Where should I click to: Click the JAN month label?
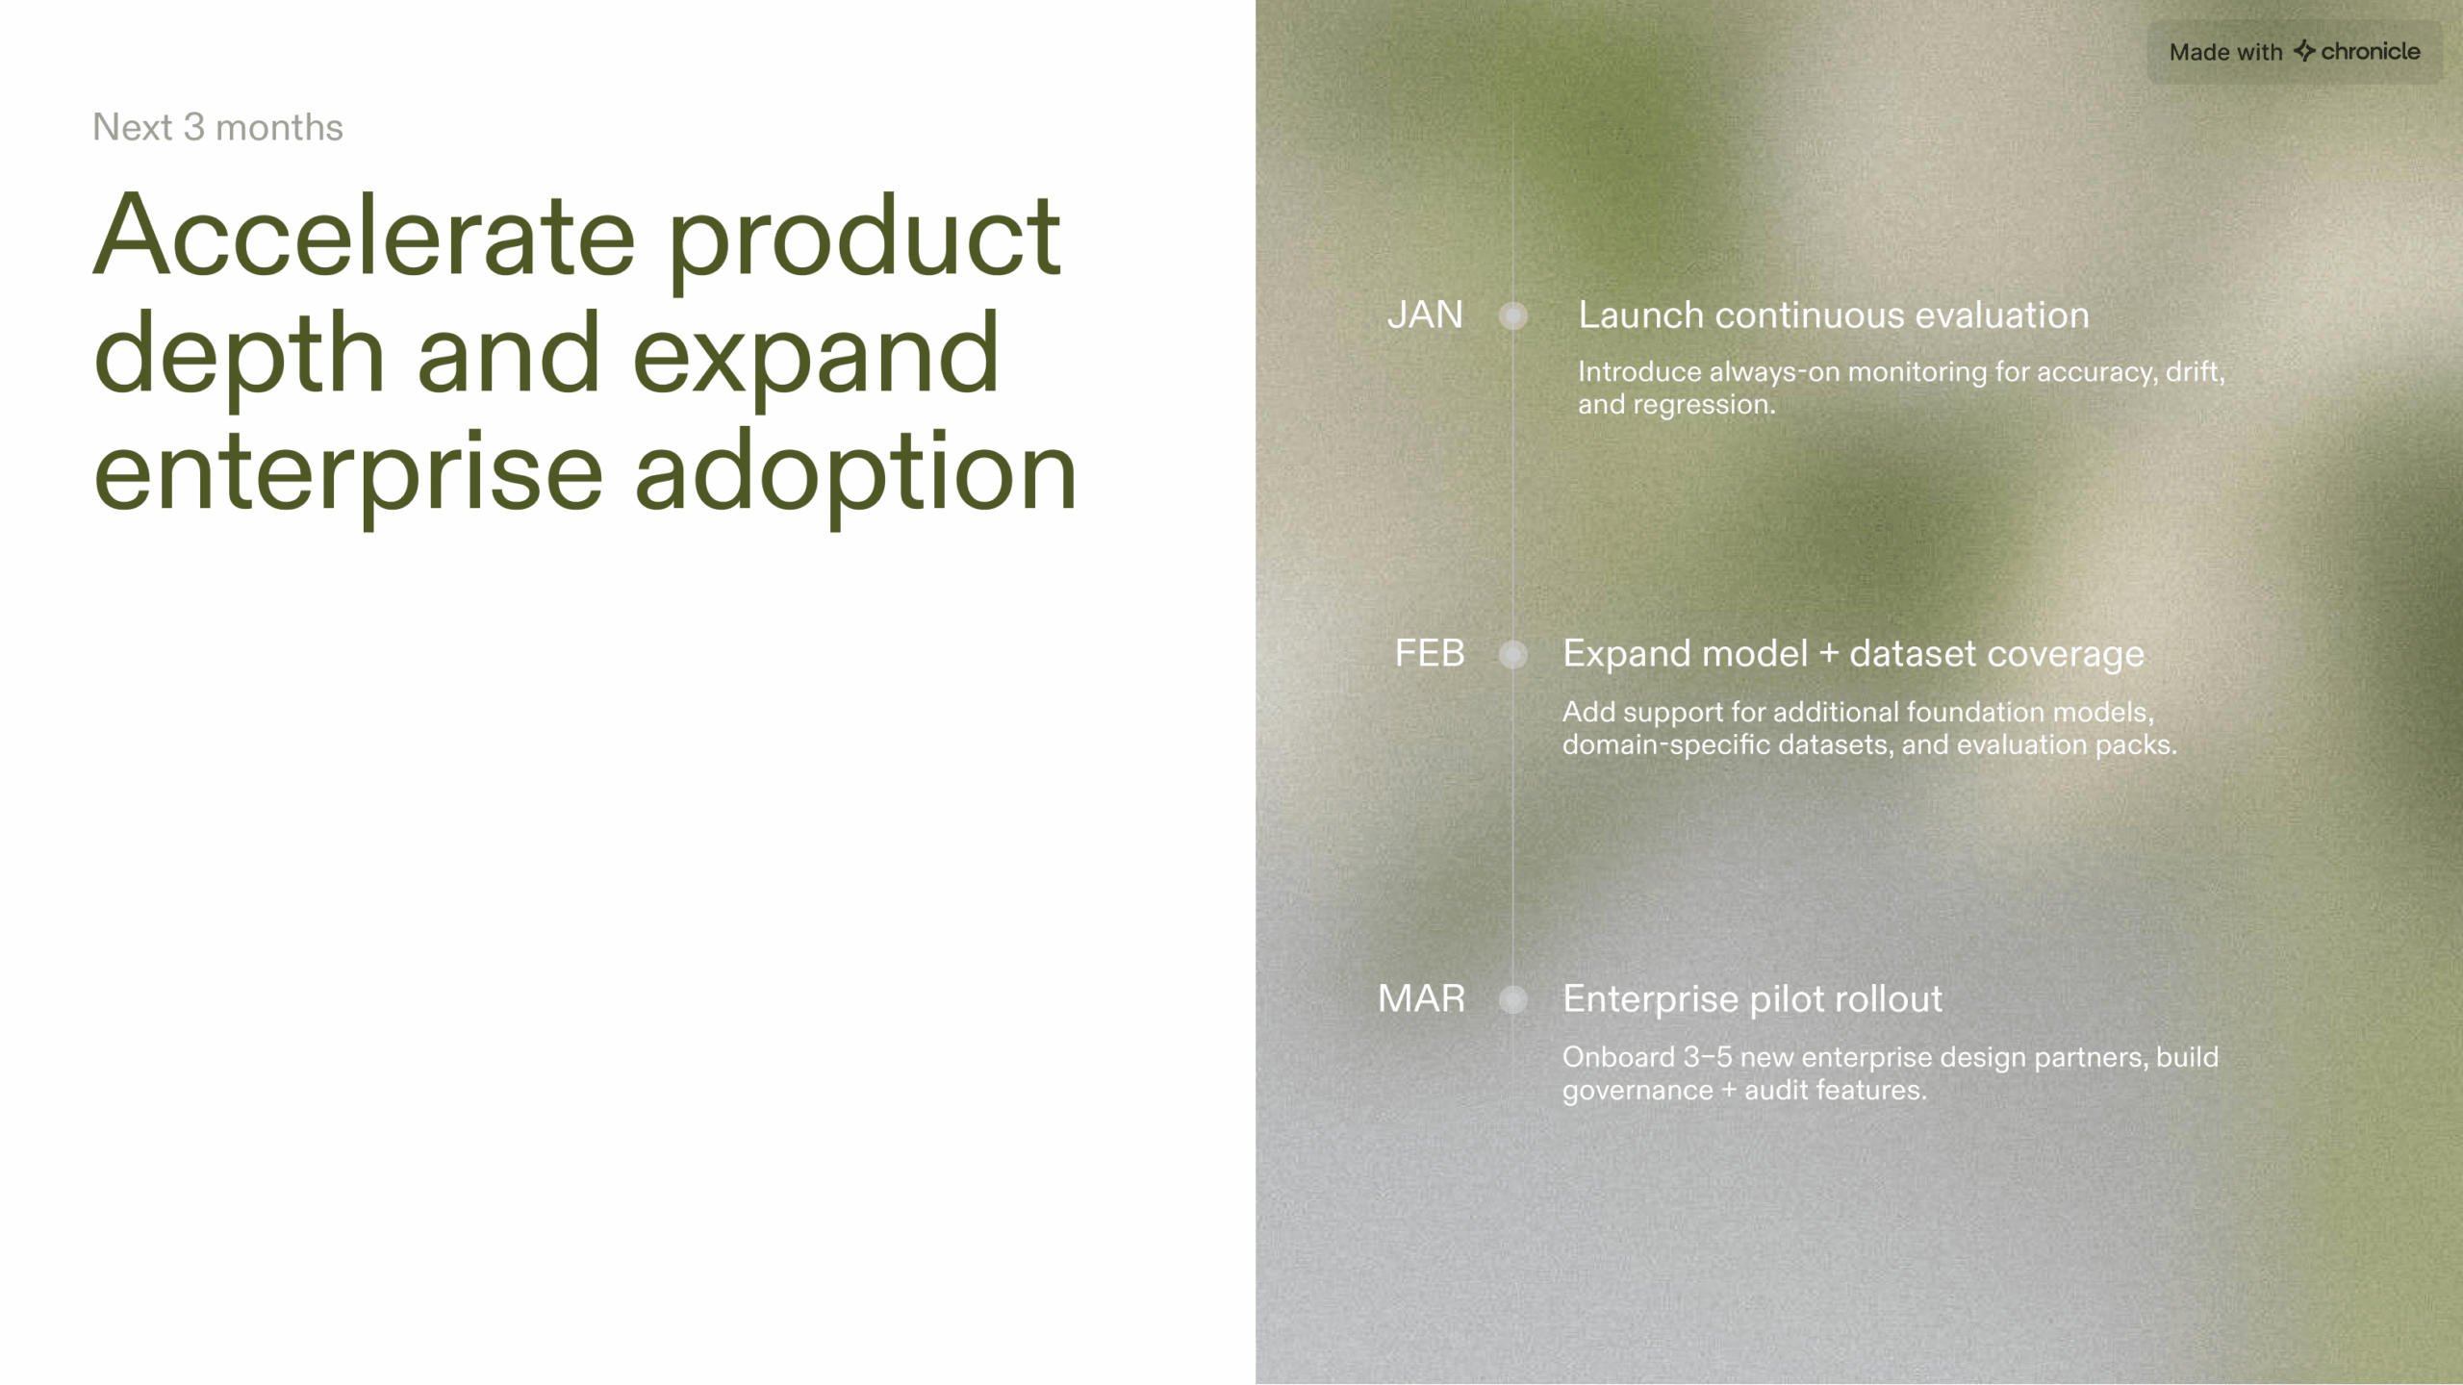click(1424, 315)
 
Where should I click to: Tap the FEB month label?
click(1430, 654)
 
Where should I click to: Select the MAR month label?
click(1421, 999)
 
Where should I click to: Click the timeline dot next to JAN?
click(1513, 315)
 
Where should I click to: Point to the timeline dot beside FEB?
click(1513, 655)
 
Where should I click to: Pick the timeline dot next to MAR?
click(1513, 1000)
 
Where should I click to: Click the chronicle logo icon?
click(2304, 51)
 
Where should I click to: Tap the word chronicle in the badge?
click(2371, 51)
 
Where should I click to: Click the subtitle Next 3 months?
click(217, 127)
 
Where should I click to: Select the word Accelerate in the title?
click(364, 237)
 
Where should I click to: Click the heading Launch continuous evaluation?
click(1833, 315)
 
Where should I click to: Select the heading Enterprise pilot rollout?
click(1752, 999)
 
